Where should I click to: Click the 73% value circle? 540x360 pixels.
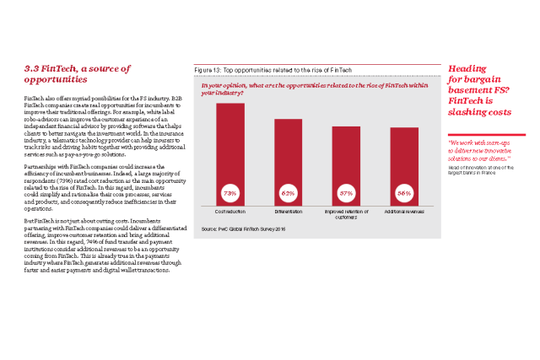pos(230,193)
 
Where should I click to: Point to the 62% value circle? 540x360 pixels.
pos(288,193)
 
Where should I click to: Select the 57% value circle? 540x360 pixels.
pos(346,193)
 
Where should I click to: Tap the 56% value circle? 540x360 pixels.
pos(404,193)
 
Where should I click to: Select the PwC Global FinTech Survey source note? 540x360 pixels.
pos(244,229)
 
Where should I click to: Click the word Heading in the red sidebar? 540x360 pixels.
pos(467,68)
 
